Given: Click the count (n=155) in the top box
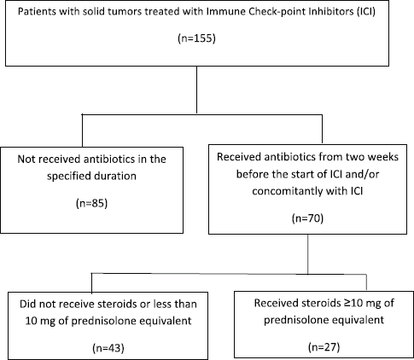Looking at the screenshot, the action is click(197, 38).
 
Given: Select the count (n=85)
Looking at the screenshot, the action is click(92, 204).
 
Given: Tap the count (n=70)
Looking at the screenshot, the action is click(307, 218).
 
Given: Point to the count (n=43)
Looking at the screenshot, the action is click(108, 348).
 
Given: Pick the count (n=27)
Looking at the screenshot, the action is click(324, 347).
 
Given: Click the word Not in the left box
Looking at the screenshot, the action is click(26, 159).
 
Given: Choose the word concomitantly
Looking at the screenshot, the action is click(288, 191).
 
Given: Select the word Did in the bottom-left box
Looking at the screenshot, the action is click(27, 304).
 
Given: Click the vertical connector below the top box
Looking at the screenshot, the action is click(197, 90).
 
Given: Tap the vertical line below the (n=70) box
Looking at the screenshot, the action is click(308, 254).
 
